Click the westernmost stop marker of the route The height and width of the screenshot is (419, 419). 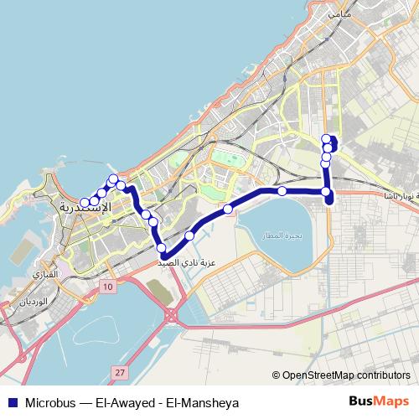coord(85,202)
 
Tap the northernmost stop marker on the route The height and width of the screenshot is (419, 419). coord(327,139)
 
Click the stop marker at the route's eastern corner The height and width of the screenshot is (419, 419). coord(327,192)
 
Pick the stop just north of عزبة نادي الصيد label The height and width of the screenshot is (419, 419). coord(161,247)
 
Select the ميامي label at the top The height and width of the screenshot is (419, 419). coord(340,14)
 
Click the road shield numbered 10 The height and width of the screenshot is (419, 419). coord(107,287)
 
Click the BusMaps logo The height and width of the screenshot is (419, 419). coord(378,401)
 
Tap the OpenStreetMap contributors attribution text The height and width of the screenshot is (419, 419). coord(341,375)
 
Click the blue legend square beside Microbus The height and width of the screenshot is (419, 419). coord(13,402)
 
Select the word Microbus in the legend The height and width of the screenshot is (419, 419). coord(52,402)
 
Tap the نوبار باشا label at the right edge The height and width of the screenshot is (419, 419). coord(396,195)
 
